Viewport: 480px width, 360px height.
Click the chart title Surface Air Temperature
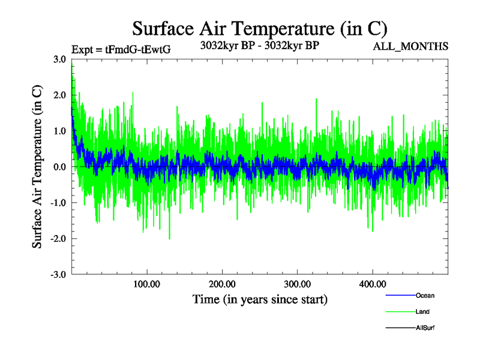[x=259, y=28]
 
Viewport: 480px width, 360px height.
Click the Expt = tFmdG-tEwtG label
[x=121, y=50]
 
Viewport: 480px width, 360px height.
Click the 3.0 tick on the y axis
[x=60, y=59]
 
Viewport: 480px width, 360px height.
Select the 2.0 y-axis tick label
[x=60, y=95]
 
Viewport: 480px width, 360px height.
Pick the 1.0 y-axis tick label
[x=60, y=131]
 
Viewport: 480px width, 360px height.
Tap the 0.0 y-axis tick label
[x=60, y=167]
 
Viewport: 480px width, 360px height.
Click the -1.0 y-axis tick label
[x=58, y=203]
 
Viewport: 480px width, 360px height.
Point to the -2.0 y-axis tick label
[x=58, y=239]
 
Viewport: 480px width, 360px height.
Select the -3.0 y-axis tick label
[x=58, y=275]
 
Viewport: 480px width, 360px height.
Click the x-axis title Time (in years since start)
[x=260, y=299]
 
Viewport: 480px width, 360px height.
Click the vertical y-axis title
[x=37, y=167]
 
